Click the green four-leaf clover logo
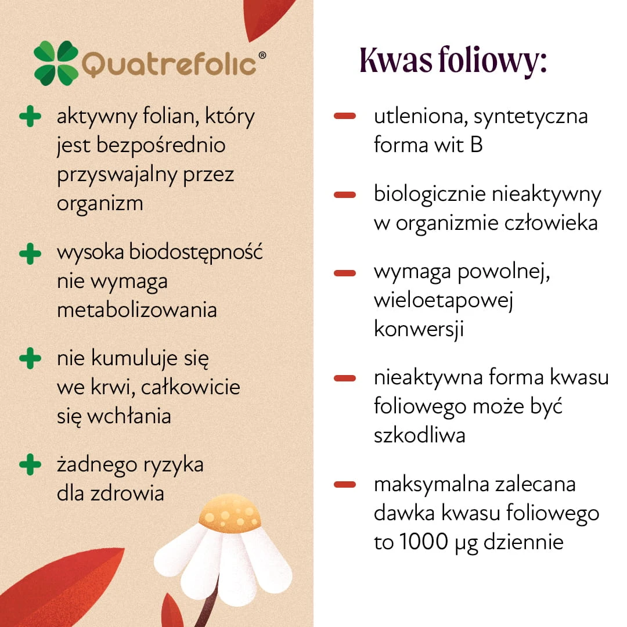[x=56, y=63]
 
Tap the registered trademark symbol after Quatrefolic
[x=262, y=55]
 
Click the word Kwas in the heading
[x=396, y=60]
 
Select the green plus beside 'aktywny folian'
[x=30, y=116]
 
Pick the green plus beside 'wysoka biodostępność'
[x=30, y=254]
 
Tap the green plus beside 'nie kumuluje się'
[x=30, y=358]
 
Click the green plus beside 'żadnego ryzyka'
[x=30, y=464]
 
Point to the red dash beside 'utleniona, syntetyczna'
[x=345, y=116]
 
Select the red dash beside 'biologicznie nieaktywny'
[x=345, y=194]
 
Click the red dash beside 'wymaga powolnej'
[x=345, y=273]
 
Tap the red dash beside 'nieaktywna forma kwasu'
[x=345, y=378]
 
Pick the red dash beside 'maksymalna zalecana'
[x=345, y=485]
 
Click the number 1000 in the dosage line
[x=423, y=542]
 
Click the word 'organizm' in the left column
[x=100, y=204]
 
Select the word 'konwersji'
[x=419, y=330]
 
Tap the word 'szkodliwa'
[x=420, y=435]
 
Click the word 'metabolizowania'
[x=137, y=310]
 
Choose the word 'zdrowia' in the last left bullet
[x=127, y=493]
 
